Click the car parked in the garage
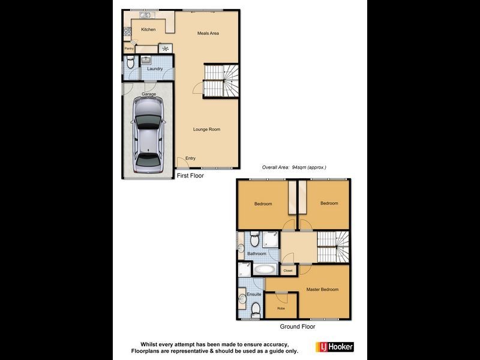click(x=148, y=134)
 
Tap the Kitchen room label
click(x=148, y=29)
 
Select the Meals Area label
click(x=208, y=33)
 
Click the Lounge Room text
click(x=207, y=129)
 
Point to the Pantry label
click(x=129, y=49)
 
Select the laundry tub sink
click(x=146, y=59)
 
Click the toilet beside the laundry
click(x=130, y=61)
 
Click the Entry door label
click(x=190, y=158)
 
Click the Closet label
click(x=288, y=271)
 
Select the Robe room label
click(x=281, y=308)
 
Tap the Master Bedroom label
click(x=322, y=290)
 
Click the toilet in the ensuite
click(x=256, y=309)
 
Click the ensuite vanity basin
click(x=242, y=296)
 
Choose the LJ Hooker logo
click(x=334, y=347)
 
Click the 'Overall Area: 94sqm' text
click(x=293, y=167)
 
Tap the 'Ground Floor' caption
click(x=298, y=327)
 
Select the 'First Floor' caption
click(x=190, y=176)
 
